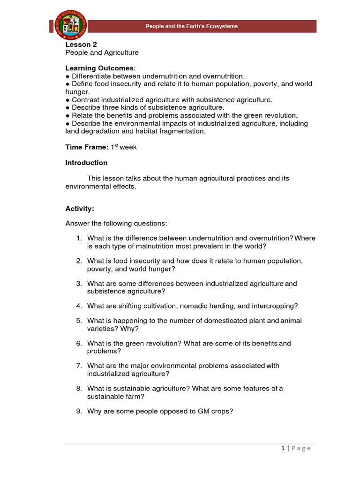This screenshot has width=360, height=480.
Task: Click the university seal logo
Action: click(x=68, y=26)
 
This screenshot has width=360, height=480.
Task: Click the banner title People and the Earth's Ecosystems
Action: click(x=192, y=26)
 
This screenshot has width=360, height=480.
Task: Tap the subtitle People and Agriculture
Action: click(x=102, y=53)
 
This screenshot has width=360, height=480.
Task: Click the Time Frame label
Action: click(x=87, y=147)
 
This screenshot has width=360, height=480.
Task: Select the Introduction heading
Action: click(x=86, y=163)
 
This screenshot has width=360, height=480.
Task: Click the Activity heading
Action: click(x=80, y=209)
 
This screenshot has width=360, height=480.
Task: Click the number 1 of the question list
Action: click(x=79, y=238)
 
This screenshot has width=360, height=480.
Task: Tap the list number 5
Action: click(x=79, y=321)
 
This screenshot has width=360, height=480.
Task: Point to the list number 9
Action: click(x=79, y=411)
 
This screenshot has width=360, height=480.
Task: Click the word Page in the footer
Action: click(x=301, y=448)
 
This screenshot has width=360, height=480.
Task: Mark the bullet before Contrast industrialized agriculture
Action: click(x=67, y=100)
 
